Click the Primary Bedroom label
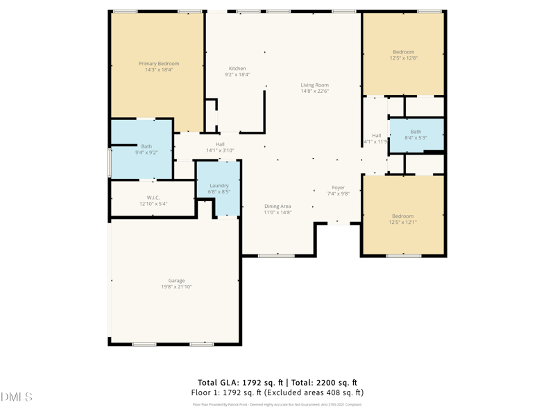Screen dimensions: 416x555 [158, 64]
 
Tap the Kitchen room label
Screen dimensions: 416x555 [237, 69]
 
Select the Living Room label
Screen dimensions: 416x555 [314, 85]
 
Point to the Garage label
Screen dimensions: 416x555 [176, 281]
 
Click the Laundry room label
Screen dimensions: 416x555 [219, 186]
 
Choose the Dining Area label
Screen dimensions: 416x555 [277, 206]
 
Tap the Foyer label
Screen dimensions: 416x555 [338, 188]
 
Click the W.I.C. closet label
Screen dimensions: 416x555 [153, 198]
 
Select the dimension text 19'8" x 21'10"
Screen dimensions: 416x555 [176, 287]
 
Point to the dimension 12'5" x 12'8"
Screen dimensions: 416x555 [403, 58]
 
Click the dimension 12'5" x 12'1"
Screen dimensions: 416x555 [402, 223]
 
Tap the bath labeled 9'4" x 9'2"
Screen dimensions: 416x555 [146, 152]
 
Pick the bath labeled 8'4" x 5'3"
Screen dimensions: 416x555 [416, 138]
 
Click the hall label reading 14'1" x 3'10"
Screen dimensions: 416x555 [220, 150]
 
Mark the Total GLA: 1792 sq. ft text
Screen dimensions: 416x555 [239, 383]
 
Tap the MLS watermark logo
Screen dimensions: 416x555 [17, 397]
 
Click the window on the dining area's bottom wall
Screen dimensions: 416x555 [276, 256]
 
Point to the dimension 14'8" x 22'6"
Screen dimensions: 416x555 [314, 91]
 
